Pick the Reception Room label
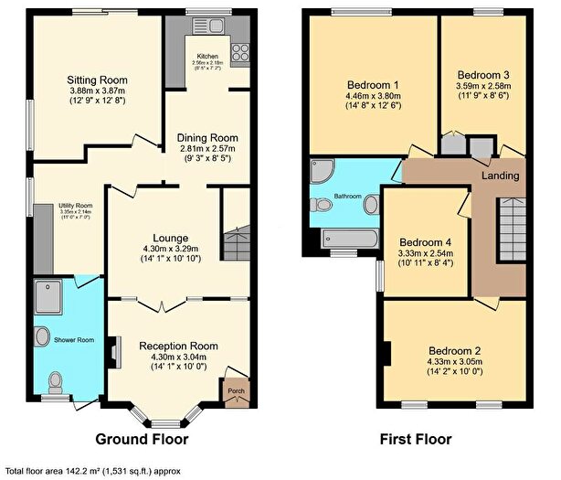(178, 346)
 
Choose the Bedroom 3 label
(483, 74)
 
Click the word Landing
(501, 176)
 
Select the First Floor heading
(416, 439)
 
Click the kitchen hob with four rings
(241, 52)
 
